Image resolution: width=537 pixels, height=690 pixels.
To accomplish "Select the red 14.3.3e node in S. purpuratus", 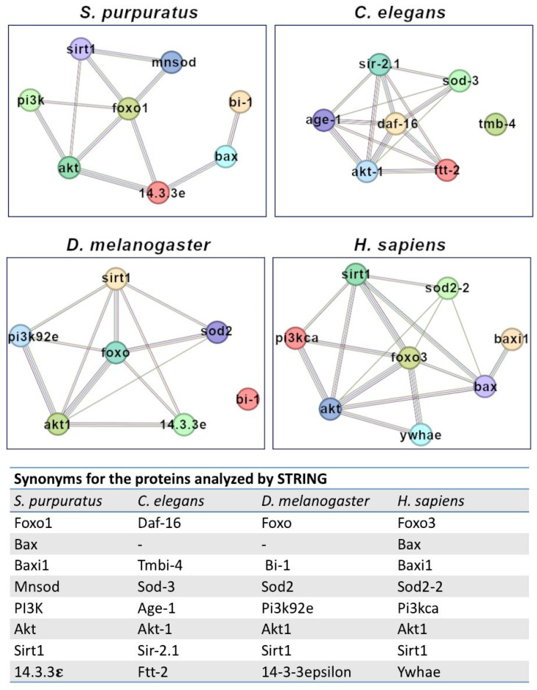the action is click(x=158, y=192).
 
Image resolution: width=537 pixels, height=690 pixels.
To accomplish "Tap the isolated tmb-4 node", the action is click(x=496, y=124).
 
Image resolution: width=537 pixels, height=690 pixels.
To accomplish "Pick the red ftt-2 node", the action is click(x=447, y=170).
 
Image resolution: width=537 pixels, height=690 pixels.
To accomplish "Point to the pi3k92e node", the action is click(x=21, y=336).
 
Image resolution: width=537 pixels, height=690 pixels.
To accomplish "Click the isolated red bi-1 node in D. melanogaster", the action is click(x=248, y=398).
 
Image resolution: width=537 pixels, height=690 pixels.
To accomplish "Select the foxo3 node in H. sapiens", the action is click(x=410, y=357).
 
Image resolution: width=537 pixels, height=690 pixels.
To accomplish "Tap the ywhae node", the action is click(x=421, y=434).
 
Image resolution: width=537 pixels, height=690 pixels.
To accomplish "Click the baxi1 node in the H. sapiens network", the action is click(x=511, y=339).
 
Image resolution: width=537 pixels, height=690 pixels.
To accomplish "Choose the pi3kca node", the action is click(x=295, y=338).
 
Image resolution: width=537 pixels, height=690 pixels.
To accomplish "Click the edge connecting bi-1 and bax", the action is click(x=234, y=130).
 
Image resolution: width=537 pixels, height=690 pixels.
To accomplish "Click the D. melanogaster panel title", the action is click(x=138, y=244).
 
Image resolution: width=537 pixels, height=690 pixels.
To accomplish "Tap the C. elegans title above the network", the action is click(x=400, y=13).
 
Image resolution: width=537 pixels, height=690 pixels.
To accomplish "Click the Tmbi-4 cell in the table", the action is click(x=160, y=565).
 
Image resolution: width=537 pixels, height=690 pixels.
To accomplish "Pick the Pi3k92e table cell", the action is click(x=287, y=608).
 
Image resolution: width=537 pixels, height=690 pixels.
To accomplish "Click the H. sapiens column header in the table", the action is click(x=430, y=501).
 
